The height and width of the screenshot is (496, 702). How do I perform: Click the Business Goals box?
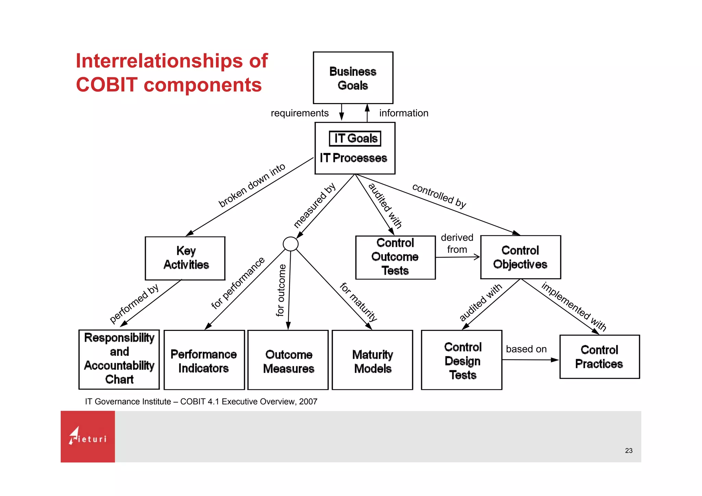353,78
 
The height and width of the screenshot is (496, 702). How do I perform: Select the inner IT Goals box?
355,138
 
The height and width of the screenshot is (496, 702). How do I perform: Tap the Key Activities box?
185,258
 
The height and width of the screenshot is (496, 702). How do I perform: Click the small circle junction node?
290,244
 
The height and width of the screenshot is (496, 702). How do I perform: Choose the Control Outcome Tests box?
395,257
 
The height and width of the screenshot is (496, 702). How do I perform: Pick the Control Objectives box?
520,257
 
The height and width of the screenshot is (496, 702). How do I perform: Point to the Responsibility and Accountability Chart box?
119,359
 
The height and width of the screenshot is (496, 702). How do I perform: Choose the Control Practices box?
600,357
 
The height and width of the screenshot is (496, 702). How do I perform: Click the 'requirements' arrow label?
300,113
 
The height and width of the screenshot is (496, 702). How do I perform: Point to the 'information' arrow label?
404,113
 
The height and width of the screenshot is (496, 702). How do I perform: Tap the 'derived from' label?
457,244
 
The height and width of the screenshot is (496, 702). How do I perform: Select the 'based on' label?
526,349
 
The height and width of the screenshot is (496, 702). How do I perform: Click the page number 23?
629,451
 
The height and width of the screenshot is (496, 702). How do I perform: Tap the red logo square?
88,436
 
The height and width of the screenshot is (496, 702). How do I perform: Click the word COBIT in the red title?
107,85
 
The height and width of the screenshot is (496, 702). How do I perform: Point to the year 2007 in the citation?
308,401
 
